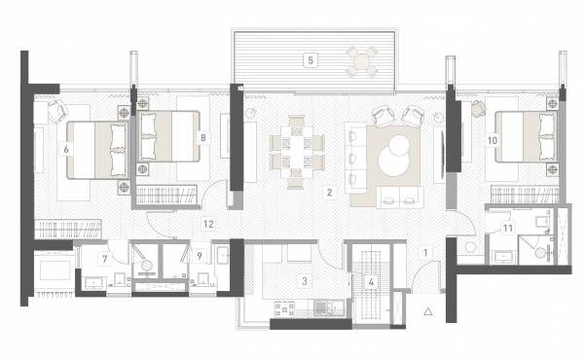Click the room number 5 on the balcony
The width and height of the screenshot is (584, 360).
310,60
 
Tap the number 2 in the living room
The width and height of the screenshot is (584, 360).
330,193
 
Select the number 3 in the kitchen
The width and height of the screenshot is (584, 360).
305,281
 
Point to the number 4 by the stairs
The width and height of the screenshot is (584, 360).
371,281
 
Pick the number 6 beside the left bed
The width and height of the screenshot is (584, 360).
65,149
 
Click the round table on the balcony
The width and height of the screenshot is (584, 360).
362,62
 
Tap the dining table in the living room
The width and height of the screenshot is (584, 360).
296,150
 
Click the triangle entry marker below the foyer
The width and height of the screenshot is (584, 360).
427,312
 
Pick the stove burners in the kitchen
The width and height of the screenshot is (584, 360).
287,310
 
